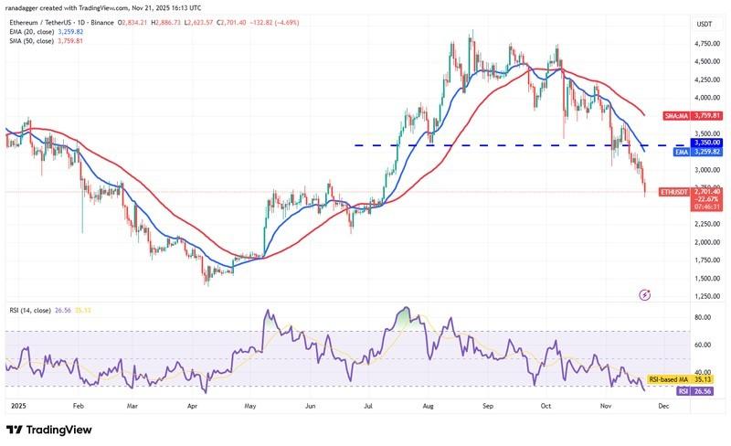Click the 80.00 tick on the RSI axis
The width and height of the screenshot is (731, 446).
point(677,317)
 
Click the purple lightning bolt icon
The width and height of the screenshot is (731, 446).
point(646,295)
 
